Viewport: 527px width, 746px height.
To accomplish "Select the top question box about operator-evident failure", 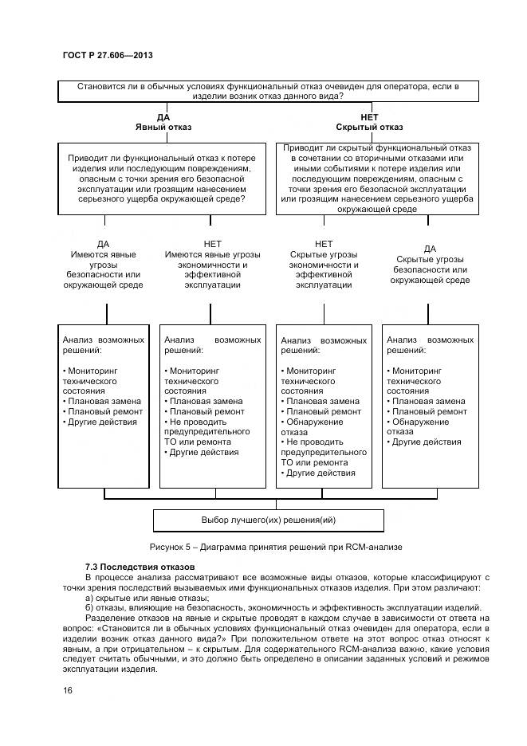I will click(x=269, y=91).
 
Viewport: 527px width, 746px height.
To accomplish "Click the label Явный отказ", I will click(x=163, y=127).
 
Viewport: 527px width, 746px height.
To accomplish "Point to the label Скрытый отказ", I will click(x=369, y=127).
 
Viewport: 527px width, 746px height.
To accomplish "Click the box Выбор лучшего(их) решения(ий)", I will click(x=268, y=520).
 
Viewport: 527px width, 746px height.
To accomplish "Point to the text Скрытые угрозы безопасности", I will click(x=430, y=265).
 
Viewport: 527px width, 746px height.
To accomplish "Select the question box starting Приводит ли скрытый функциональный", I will click(x=377, y=178).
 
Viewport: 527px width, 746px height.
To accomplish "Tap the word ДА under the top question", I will click(x=163, y=117).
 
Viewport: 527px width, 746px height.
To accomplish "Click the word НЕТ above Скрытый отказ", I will click(x=369, y=117).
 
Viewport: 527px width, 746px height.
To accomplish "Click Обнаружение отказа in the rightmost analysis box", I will click(x=418, y=426).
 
